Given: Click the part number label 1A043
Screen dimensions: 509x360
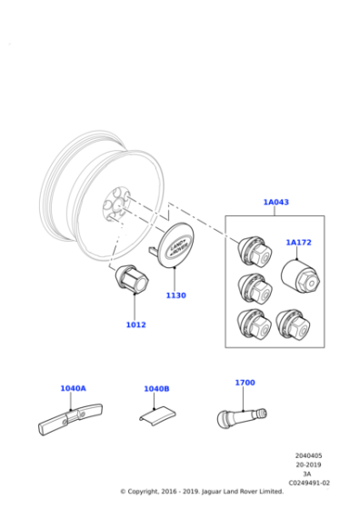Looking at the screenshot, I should point(275,202).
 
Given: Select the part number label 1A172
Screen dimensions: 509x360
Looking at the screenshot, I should point(298,243).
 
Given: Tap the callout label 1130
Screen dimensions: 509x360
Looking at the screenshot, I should point(175,295).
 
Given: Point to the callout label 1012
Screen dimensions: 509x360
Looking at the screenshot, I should point(135,324).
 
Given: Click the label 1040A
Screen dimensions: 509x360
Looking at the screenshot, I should point(73,388).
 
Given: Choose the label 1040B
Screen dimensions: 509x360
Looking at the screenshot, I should point(156,389).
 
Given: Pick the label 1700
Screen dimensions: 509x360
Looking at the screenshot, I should point(245,383).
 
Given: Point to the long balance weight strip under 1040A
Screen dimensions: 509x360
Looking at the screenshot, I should point(71,420).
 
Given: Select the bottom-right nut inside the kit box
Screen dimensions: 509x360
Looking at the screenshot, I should point(293,324).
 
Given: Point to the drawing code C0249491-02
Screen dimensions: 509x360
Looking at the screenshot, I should point(309,484).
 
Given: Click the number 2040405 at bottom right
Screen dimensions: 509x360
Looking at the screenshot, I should point(309,456).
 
